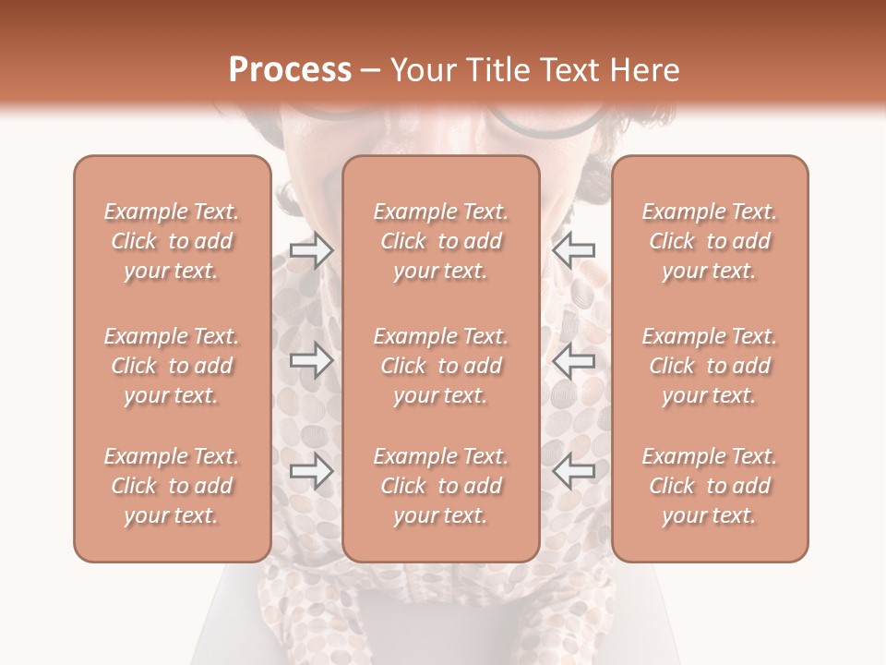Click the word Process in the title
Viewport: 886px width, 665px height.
(290, 70)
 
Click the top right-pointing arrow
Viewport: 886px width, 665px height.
(311, 249)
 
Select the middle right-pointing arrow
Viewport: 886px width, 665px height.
(311, 361)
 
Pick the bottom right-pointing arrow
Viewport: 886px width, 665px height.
(311, 471)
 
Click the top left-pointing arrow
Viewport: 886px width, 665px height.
(574, 249)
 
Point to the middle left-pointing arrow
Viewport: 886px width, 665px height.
(574, 361)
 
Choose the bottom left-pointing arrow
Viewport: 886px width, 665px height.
(574, 471)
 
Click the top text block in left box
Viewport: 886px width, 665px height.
(172, 241)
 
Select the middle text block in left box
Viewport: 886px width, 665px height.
(172, 366)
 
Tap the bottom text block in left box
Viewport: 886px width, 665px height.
(172, 486)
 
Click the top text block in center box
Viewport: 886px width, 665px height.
(441, 241)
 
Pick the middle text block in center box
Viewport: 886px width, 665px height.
(441, 366)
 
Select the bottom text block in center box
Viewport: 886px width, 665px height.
(441, 486)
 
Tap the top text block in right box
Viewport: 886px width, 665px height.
(710, 241)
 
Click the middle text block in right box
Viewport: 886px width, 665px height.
(710, 366)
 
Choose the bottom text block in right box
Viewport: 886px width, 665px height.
(710, 486)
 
